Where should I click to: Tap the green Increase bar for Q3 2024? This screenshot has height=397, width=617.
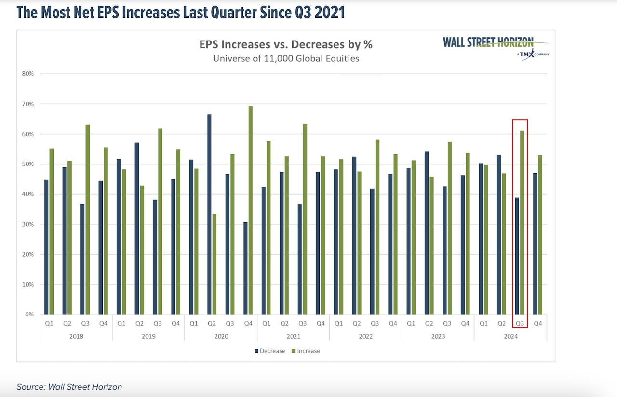click(x=522, y=222)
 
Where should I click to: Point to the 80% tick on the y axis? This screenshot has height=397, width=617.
click(x=27, y=74)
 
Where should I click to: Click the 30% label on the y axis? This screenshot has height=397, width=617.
click(x=27, y=224)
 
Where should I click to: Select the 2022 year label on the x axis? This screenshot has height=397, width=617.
click(x=365, y=336)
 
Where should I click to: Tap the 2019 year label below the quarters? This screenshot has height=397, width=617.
click(x=148, y=336)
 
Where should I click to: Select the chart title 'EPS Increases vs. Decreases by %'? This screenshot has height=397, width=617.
click(x=286, y=45)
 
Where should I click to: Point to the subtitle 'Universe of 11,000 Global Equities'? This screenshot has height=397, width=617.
click(x=286, y=59)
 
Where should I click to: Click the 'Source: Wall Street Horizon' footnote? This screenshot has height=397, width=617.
click(x=69, y=387)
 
